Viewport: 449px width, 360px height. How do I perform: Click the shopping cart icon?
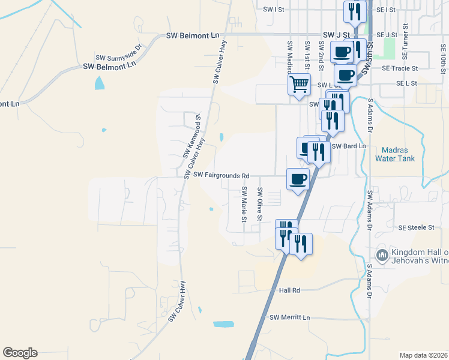[299, 83]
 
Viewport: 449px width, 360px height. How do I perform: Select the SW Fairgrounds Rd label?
[221, 175]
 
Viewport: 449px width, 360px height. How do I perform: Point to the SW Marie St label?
[244, 205]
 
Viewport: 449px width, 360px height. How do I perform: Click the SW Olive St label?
[259, 204]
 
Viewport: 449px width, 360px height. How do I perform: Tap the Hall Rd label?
[289, 290]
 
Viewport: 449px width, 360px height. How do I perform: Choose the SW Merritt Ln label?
[290, 317]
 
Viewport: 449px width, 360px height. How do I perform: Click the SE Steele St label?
[416, 227]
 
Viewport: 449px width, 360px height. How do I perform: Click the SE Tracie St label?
[400, 68]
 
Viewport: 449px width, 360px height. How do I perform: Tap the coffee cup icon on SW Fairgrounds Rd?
[298, 178]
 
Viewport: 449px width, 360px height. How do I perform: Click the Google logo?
[20, 353]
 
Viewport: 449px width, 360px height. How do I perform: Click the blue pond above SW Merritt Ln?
[223, 324]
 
